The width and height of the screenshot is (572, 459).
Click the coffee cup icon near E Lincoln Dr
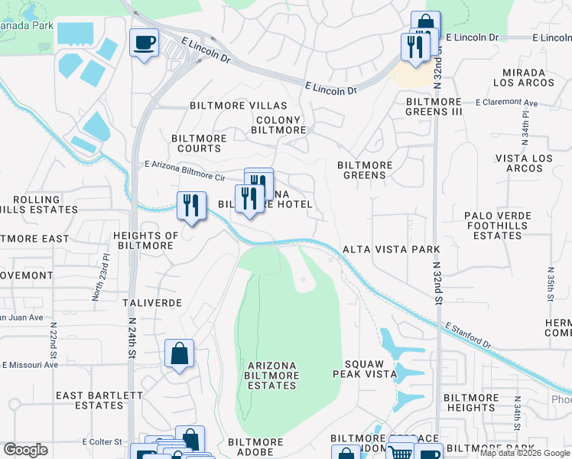coord(143,42)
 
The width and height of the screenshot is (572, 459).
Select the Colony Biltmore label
coord(280,125)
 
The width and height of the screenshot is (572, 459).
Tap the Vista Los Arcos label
coord(524,163)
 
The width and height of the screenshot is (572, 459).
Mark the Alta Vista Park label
coord(391,249)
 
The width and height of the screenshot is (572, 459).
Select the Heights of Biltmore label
coord(145,240)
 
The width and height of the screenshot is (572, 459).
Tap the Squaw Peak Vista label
coord(364,369)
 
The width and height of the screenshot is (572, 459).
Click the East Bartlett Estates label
coord(99,400)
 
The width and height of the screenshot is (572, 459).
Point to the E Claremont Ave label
coord(506,103)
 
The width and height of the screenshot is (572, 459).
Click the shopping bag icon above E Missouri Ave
coord(179,353)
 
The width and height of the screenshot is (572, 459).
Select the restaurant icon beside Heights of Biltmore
coord(191,205)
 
